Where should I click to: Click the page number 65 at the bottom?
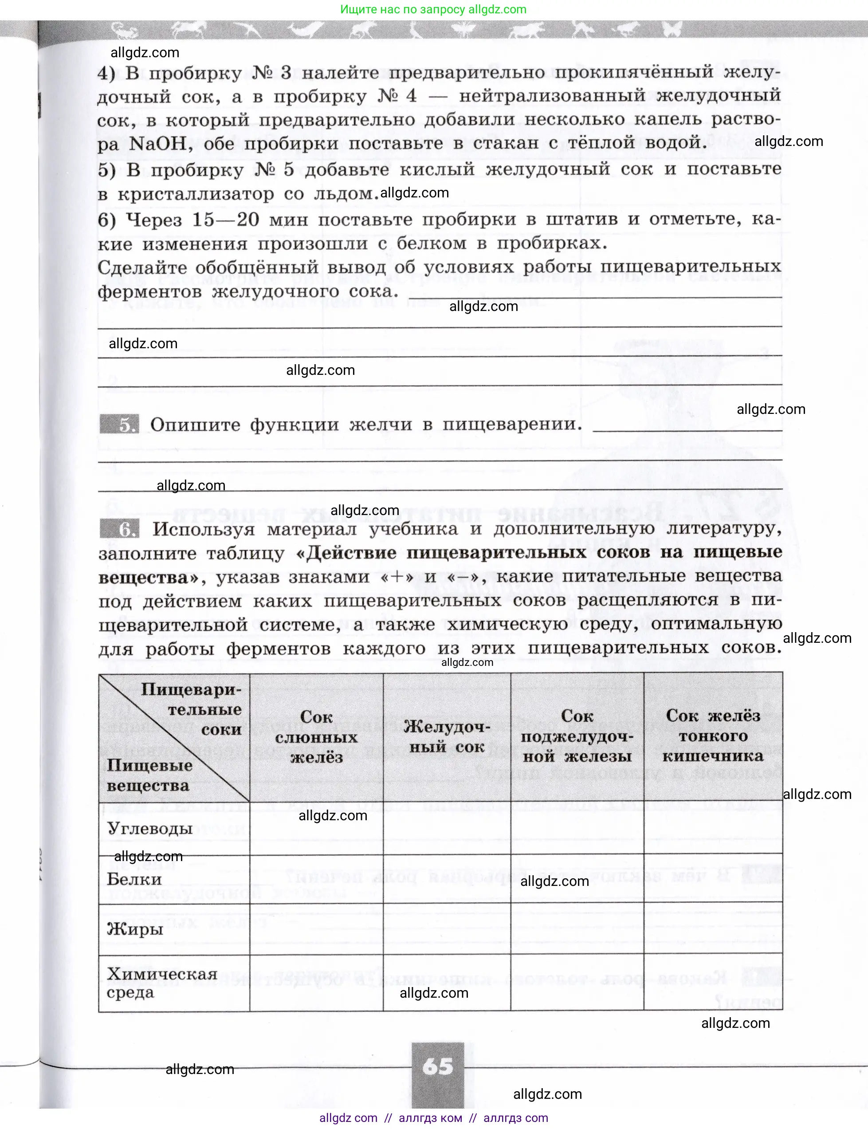tap(438, 1066)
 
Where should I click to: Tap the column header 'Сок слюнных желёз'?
tap(316, 737)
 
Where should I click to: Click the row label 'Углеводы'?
tap(150, 828)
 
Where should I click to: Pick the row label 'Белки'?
tap(134, 879)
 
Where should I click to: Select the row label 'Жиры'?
tap(135, 928)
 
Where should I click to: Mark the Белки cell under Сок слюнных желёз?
tap(316, 879)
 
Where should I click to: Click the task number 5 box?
tap(119, 424)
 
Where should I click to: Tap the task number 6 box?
tap(119, 529)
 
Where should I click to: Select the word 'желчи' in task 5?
tap(381, 425)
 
